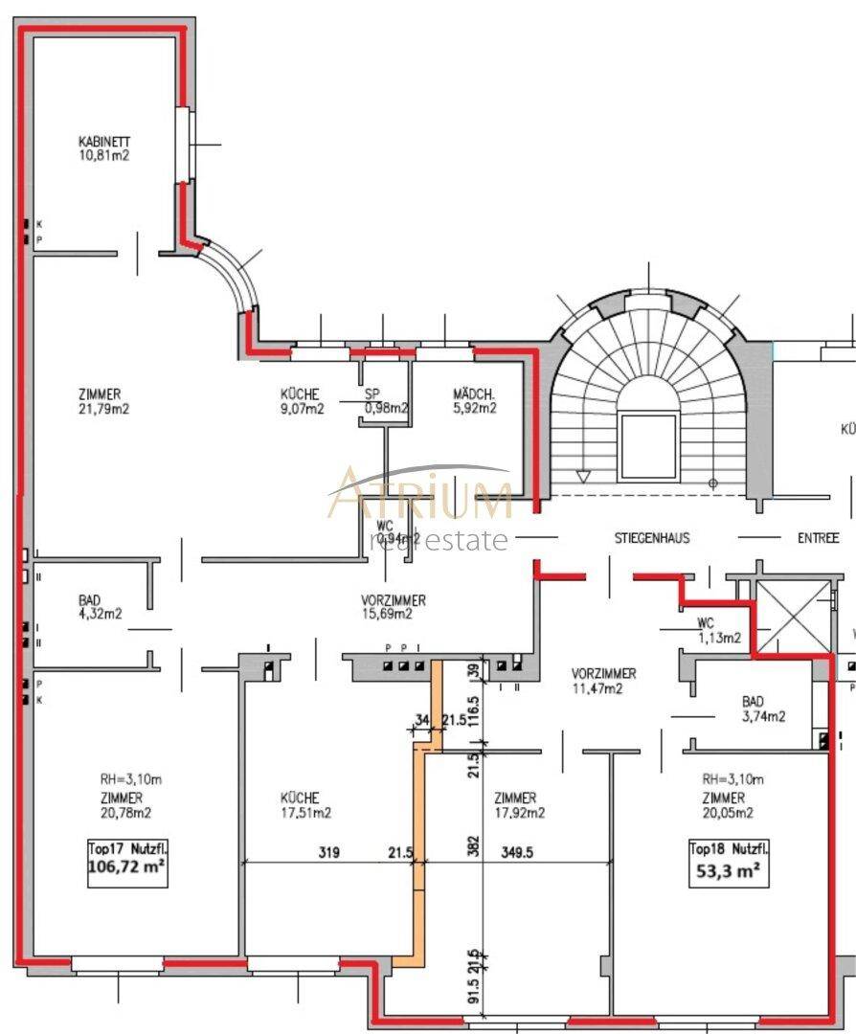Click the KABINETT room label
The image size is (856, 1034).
[104, 143]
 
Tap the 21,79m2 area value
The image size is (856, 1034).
[104, 408]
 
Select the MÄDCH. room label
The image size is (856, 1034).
[474, 394]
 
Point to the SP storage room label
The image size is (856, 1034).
[372, 394]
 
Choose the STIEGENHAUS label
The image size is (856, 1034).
[651, 538]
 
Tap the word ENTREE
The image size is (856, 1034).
[818, 538]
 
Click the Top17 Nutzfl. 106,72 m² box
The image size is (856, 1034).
[121, 859]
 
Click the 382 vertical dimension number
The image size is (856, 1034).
[473, 845]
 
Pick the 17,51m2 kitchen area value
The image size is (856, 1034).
[306, 813]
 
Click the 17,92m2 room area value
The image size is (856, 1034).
[520, 813]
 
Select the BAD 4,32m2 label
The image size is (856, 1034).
[101, 608]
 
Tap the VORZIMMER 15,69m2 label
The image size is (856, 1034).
[394, 607]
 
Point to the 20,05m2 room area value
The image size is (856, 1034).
[728, 813]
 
